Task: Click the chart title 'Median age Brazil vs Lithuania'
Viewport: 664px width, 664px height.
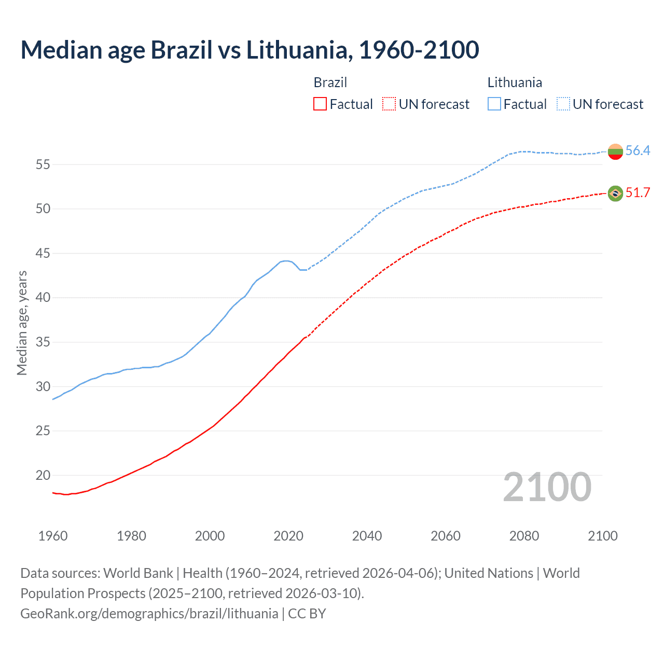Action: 250,50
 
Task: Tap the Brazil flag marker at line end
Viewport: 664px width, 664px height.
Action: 615,193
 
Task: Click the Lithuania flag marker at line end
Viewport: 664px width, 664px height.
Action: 615,151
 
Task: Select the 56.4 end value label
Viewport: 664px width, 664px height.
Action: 638,151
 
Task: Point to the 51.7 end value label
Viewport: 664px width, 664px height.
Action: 638,193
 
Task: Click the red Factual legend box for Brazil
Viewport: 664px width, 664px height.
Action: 320,104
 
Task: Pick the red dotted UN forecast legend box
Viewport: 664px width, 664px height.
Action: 389,104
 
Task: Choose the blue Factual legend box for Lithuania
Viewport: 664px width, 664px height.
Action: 494,104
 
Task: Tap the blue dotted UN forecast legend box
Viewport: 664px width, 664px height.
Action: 563,104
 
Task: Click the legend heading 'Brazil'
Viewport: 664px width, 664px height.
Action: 330,82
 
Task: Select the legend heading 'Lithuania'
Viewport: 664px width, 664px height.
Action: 515,82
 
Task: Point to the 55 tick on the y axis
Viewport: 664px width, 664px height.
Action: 43,165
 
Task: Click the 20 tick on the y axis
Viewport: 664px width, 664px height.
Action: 43,476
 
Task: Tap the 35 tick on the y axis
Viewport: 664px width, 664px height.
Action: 43,342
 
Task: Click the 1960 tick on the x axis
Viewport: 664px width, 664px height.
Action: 53,536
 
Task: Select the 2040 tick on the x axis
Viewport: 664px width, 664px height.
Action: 367,536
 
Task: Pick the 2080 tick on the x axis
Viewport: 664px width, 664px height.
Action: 524,536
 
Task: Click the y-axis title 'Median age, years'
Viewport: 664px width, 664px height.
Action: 22,323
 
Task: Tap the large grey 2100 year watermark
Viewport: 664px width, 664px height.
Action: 547,487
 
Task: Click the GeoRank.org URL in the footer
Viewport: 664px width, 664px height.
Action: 149,614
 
